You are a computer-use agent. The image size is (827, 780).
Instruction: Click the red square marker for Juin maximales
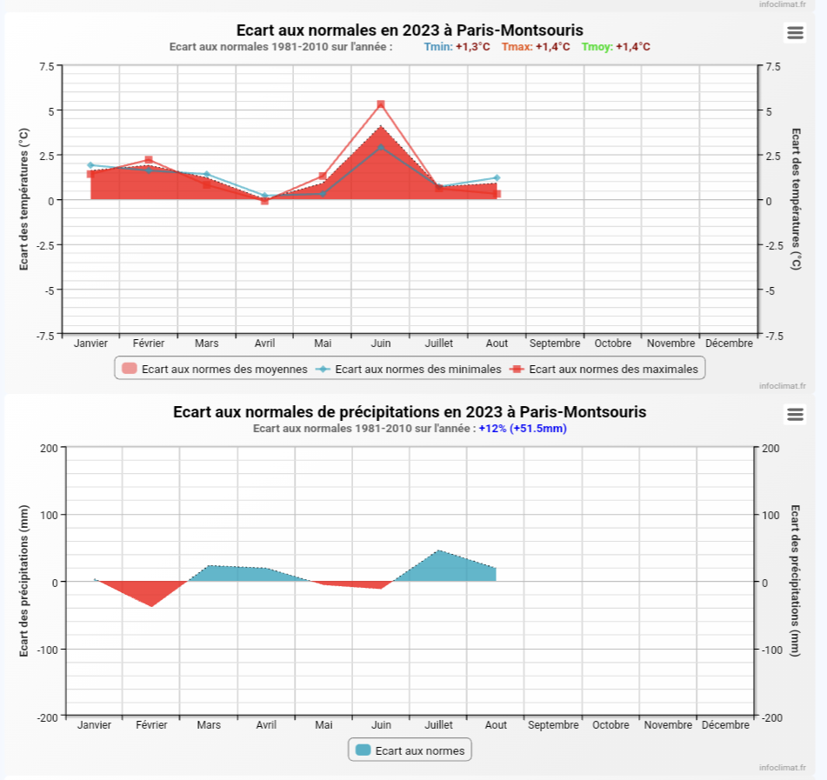pos(381,104)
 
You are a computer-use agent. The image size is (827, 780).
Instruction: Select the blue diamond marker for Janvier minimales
pos(90,165)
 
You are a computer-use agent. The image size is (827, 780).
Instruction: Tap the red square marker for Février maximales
pos(149,160)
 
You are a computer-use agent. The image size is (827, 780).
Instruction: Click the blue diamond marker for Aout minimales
pos(497,178)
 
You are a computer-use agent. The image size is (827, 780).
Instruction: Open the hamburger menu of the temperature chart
pos(794,33)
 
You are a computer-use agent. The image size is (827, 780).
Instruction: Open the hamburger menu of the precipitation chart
pos(794,414)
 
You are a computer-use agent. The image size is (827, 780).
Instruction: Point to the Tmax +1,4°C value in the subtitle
pos(552,47)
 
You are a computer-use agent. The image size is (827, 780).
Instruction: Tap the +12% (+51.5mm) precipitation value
pos(523,428)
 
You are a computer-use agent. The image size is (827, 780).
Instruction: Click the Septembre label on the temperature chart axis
pos(554,343)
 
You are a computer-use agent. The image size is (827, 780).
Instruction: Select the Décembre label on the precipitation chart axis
pos(725,724)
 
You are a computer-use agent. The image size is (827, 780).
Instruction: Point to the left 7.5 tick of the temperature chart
pos(46,66)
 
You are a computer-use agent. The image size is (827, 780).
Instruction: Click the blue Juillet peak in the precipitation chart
pos(438,552)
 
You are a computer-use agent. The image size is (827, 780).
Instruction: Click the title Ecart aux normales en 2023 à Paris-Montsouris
pos(410,30)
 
